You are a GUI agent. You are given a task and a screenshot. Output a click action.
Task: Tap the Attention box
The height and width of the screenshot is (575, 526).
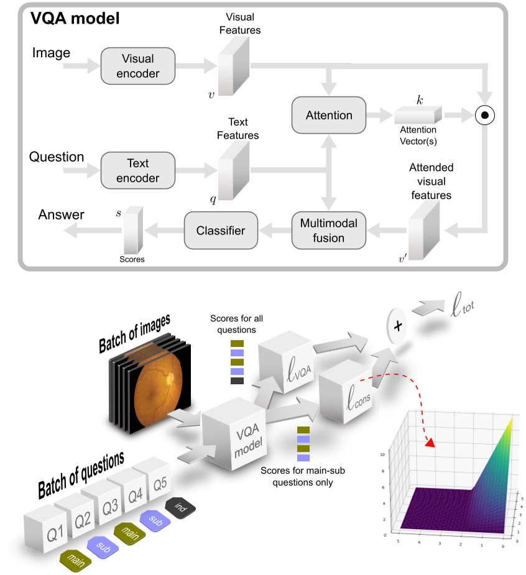[329, 115]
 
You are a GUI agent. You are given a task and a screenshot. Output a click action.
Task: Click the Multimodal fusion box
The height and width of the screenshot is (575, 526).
[329, 230]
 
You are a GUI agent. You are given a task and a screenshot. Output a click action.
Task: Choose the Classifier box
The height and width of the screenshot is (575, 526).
[222, 230]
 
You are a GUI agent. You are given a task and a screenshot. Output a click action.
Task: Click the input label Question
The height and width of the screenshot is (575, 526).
[57, 157]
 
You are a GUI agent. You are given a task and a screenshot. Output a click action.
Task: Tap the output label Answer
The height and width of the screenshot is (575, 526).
[61, 215]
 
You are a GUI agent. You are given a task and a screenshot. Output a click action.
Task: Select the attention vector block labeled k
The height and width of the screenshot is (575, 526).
[417, 116]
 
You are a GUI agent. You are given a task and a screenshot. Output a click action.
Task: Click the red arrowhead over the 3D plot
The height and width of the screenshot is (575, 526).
[429, 443]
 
